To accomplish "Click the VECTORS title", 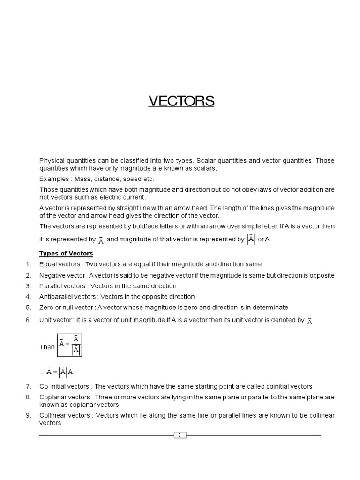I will [x=181, y=101].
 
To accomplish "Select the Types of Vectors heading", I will [x=66, y=254].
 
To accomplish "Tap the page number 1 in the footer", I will [x=180, y=435].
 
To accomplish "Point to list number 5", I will [x=28, y=307].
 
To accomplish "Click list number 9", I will [x=28, y=416].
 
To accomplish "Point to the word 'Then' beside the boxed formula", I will [x=47, y=347].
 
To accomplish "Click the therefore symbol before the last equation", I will [x=42, y=372].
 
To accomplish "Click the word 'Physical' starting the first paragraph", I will [x=52, y=161].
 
